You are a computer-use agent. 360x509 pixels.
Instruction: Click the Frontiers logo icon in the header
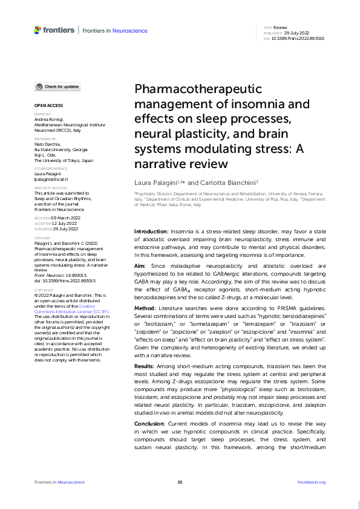[38, 29]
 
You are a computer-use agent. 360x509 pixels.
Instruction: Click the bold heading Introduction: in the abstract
[151, 232]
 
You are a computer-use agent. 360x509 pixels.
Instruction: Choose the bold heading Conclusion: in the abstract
[150, 425]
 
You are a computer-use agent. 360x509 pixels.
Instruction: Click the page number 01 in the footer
[180, 482]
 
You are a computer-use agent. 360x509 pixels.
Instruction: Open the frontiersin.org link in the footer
[312, 482]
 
